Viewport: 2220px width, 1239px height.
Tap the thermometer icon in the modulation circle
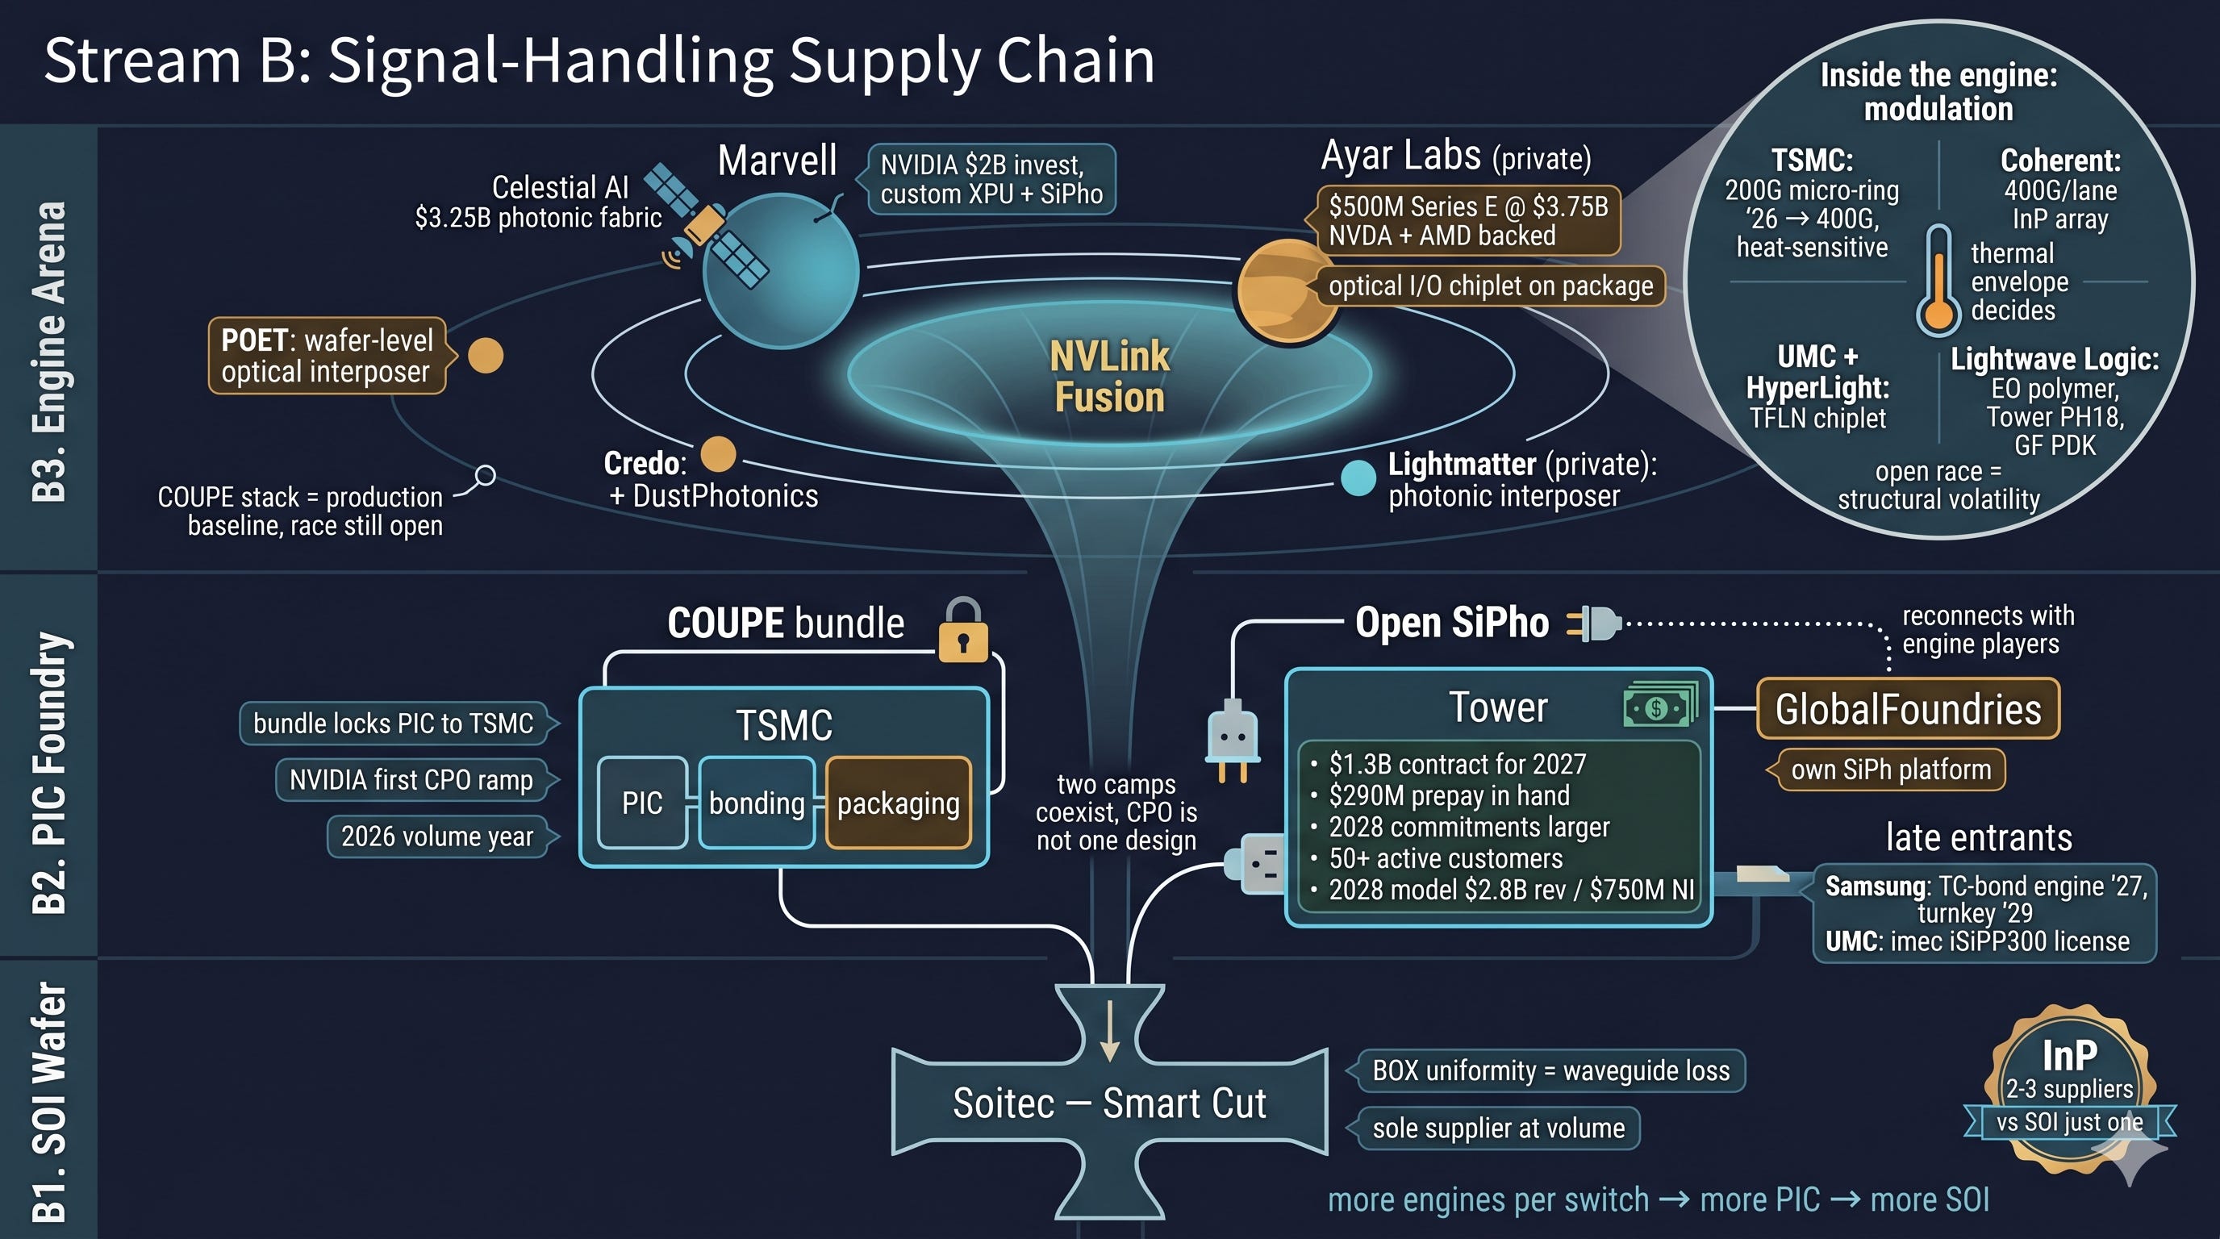click(x=1938, y=281)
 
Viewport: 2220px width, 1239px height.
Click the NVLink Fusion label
click(x=1109, y=377)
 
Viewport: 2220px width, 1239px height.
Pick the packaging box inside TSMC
click(x=898, y=803)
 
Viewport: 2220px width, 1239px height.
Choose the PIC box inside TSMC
click(x=642, y=803)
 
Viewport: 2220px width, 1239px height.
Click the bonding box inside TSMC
click(x=757, y=803)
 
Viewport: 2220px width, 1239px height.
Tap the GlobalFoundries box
click(x=1908, y=709)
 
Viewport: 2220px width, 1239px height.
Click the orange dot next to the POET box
click(x=485, y=356)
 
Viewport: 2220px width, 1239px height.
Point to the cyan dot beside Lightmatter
click(x=1358, y=478)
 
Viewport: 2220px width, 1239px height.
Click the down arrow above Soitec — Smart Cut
click(x=1110, y=1031)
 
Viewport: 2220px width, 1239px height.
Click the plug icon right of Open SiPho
click(x=1594, y=623)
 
